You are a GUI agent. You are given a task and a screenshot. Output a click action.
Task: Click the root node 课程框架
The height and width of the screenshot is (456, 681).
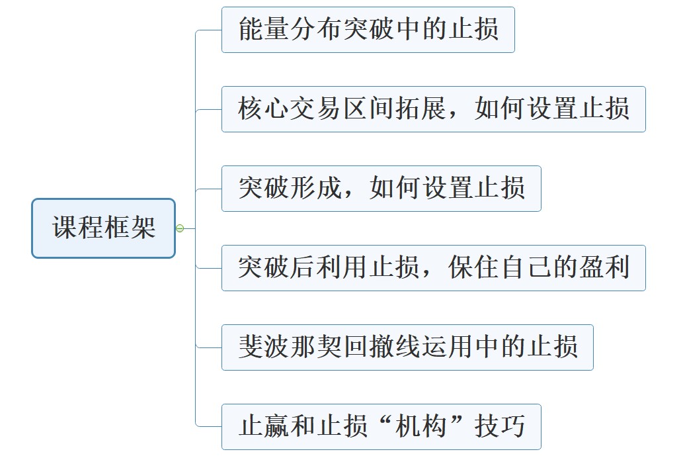(104, 228)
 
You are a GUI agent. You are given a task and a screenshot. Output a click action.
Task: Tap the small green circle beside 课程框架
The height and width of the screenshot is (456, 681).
(180, 228)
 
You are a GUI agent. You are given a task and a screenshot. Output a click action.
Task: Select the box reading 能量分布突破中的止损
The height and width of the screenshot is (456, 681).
(368, 30)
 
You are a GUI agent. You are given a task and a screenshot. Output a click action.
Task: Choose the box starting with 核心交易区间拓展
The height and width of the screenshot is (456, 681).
(433, 109)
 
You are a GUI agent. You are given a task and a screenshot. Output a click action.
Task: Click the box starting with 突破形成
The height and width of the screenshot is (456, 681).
(381, 189)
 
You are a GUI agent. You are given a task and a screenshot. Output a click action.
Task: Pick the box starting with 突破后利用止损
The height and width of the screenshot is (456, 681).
(433, 268)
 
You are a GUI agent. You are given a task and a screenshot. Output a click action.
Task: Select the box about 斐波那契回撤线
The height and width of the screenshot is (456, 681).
(407, 347)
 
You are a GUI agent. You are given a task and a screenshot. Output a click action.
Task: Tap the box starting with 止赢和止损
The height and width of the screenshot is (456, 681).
(381, 427)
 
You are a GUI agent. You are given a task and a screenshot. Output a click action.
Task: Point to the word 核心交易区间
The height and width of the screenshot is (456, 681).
(316, 109)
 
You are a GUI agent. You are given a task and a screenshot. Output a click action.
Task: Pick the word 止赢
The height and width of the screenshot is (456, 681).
(264, 427)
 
